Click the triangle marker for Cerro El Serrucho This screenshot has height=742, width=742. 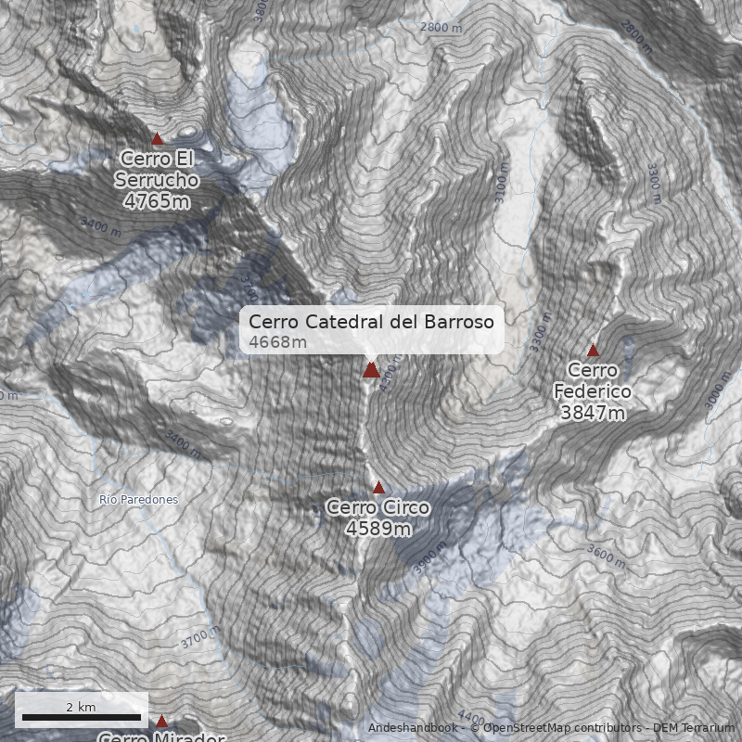point(157,139)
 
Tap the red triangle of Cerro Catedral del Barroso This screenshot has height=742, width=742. point(371,370)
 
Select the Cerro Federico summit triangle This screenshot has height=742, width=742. point(593,351)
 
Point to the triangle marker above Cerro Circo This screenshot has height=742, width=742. point(378,487)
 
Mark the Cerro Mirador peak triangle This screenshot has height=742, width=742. point(161,721)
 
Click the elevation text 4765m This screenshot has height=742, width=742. point(157,200)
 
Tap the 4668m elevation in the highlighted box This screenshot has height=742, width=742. point(277,342)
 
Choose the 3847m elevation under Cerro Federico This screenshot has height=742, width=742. point(593,413)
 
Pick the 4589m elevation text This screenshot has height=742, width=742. point(378,529)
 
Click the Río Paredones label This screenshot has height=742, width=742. point(138,500)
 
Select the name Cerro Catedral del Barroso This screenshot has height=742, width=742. point(371,322)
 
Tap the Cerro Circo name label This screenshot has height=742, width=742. point(378,507)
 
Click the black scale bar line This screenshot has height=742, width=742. point(82,718)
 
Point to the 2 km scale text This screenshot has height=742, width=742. point(82,707)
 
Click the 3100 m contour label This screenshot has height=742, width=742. point(504,184)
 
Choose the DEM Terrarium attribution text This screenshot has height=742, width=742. point(694,728)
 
